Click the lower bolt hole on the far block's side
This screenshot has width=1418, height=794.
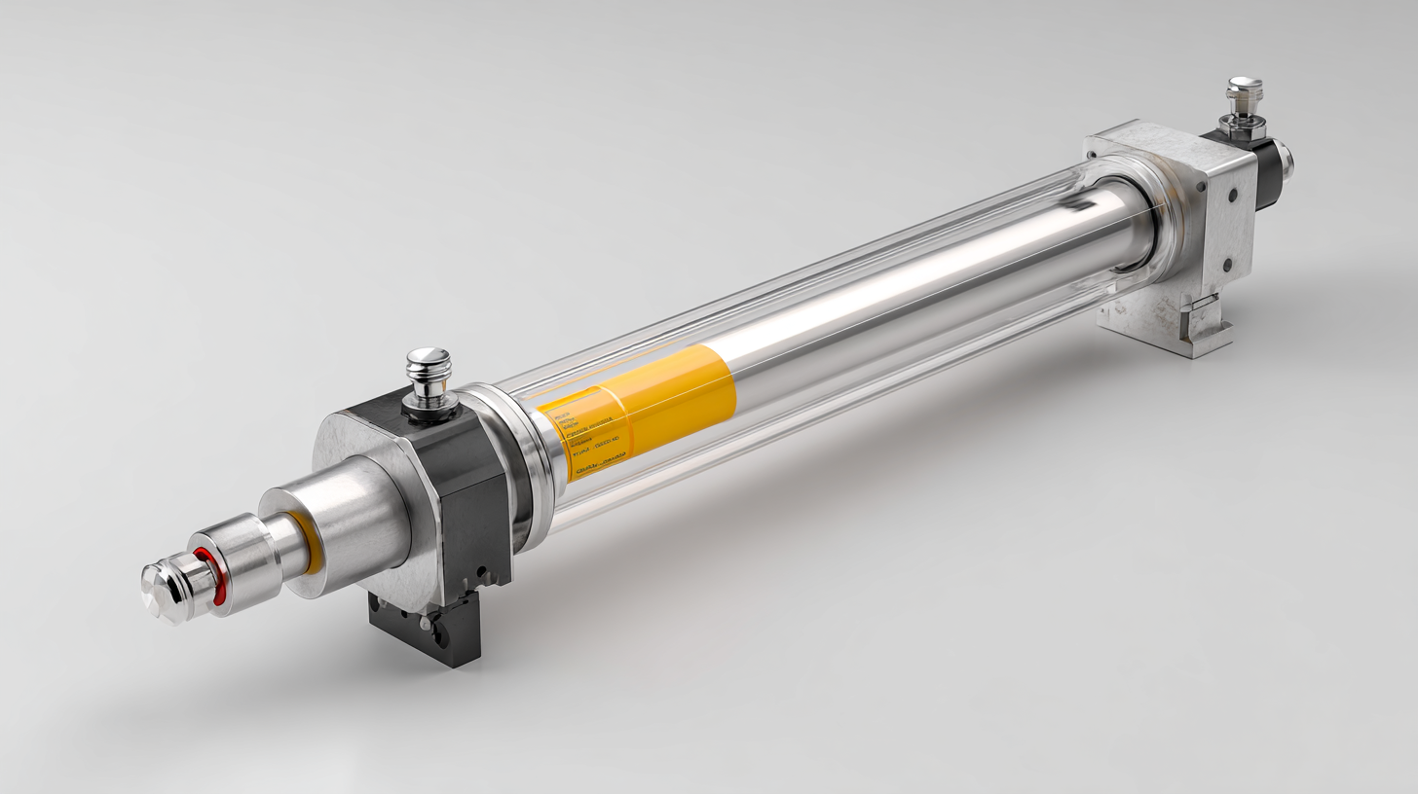[1227, 263]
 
